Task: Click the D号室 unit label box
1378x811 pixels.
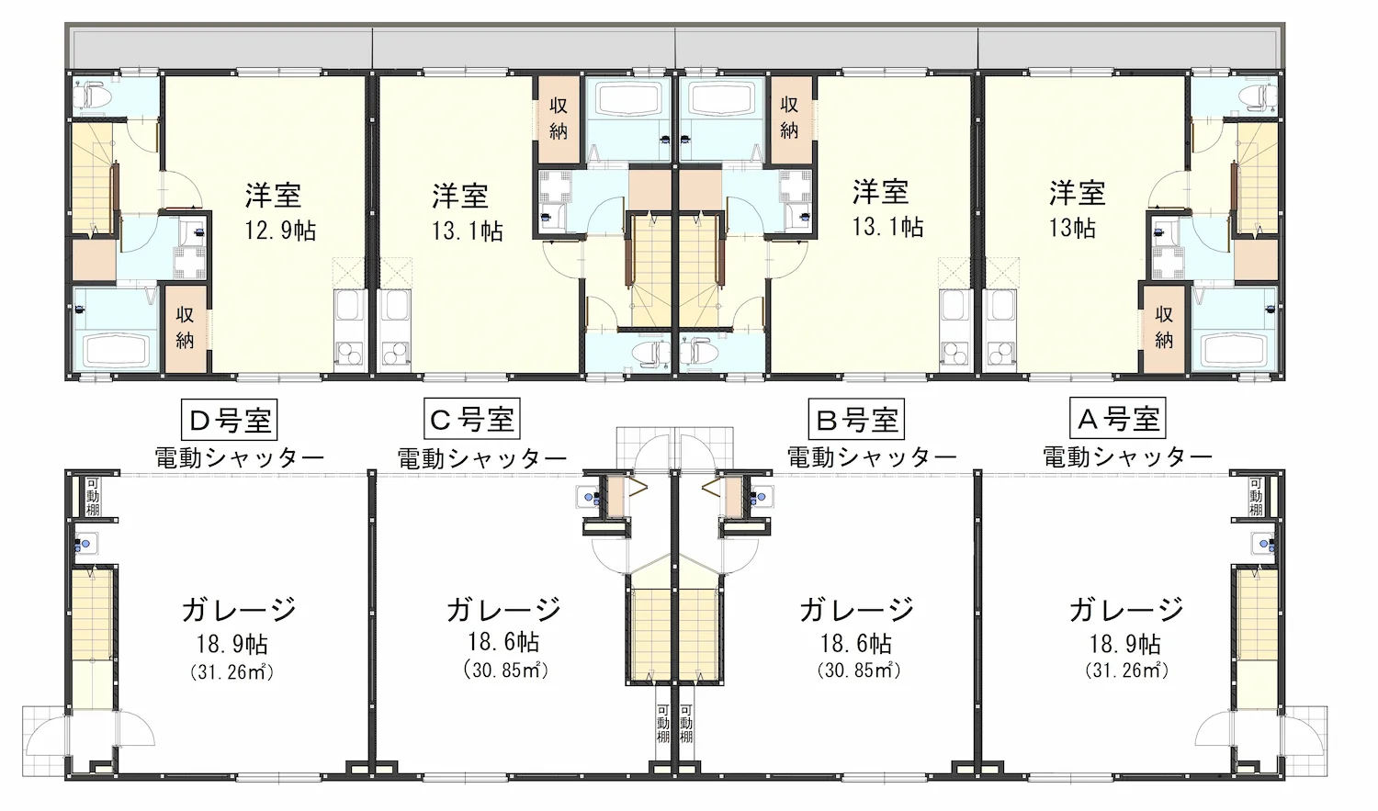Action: click(x=229, y=420)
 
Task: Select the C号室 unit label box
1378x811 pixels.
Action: click(x=472, y=419)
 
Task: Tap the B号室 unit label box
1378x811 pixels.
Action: click(x=856, y=419)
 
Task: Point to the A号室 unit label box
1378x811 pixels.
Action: click(x=1118, y=418)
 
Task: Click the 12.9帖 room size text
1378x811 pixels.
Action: click(x=280, y=231)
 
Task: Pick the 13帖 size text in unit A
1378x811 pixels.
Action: click(x=1072, y=228)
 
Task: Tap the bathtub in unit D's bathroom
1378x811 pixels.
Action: click(x=119, y=351)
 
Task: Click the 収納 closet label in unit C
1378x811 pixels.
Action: click(x=558, y=118)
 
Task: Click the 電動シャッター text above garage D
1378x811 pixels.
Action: click(x=239, y=458)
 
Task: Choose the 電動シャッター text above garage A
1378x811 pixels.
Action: click(x=1127, y=456)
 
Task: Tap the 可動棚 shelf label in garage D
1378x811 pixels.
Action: click(x=92, y=496)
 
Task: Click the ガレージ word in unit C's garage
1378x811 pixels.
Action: click(x=503, y=609)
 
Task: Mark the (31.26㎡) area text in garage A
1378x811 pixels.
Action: click(x=1126, y=670)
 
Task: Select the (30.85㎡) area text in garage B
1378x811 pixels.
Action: click(x=859, y=670)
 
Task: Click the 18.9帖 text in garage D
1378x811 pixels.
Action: click(x=232, y=645)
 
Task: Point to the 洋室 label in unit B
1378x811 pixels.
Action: click(x=880, y=191)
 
